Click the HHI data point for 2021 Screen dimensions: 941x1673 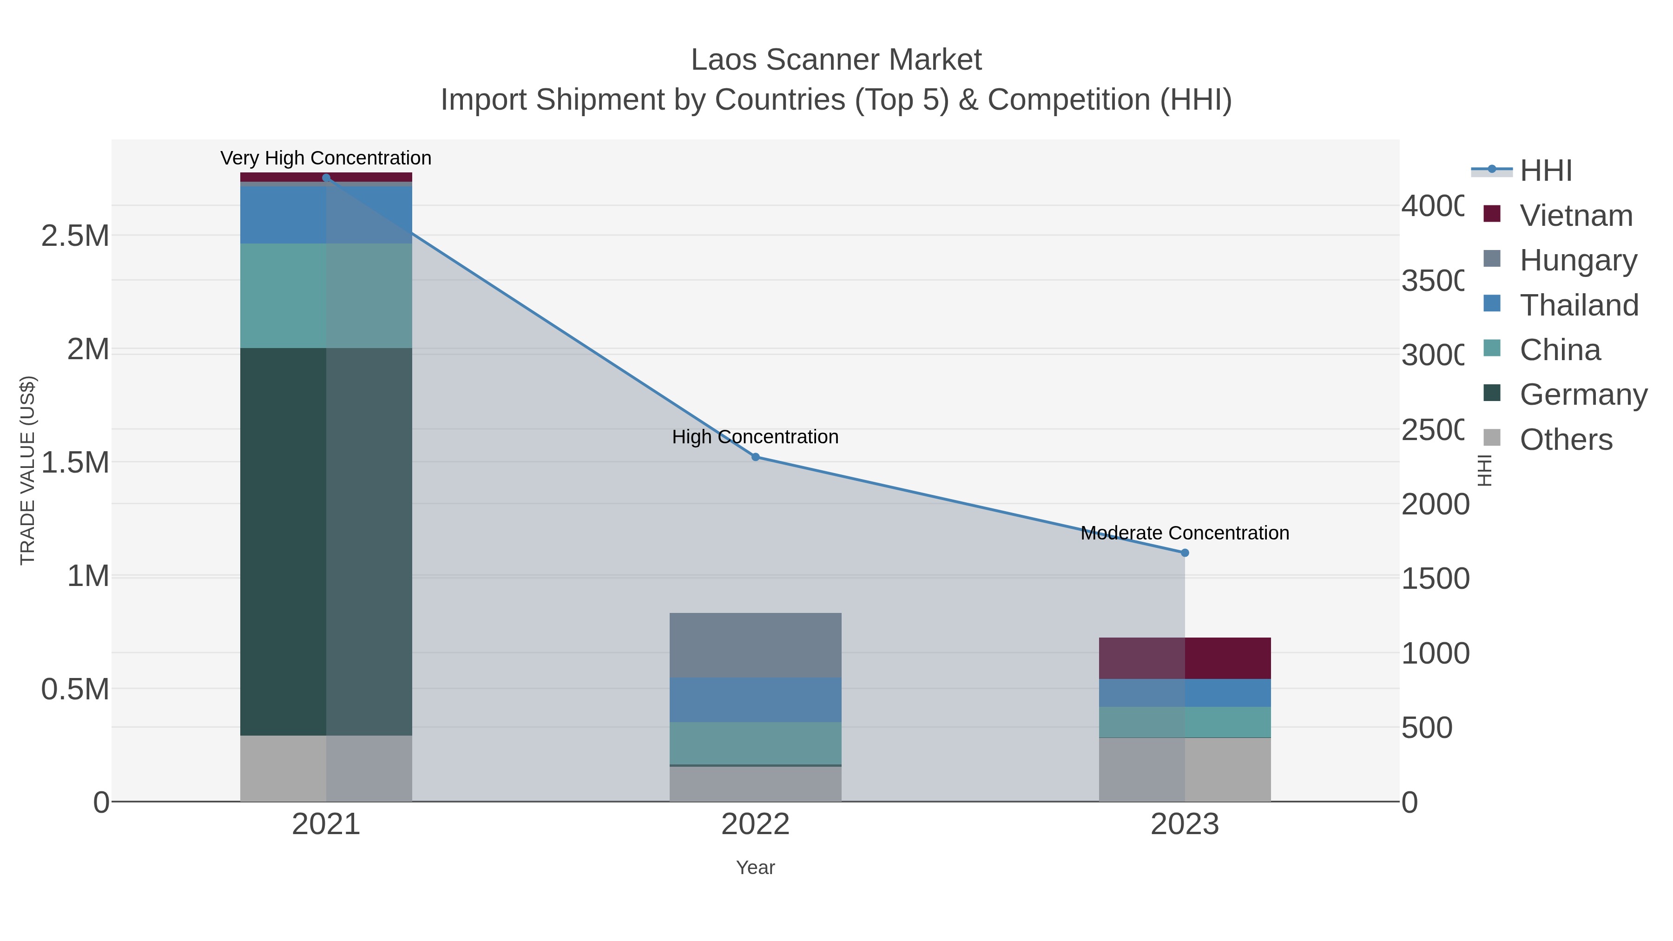[x=326, y=178]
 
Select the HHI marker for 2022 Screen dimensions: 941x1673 [x=755, y=457]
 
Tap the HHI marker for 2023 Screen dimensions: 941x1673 [x=1185, y=553]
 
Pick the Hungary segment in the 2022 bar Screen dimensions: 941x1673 [x=755, y=645]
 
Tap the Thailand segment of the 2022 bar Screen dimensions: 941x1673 [x=755, y=699]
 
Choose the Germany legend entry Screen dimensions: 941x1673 [x=1583, y=394]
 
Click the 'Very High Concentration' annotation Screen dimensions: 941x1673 [x=326, y=158]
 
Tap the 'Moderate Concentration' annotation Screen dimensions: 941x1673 [x=1185, y=533]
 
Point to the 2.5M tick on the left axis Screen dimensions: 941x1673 [x=75, y=236]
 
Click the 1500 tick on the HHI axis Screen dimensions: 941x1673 [x=1435, y=579]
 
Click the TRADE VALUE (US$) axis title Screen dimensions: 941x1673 [x=27, y=470]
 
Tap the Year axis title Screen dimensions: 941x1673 [x=755, y=868]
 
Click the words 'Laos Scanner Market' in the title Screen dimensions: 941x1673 [x=836, y=60]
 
